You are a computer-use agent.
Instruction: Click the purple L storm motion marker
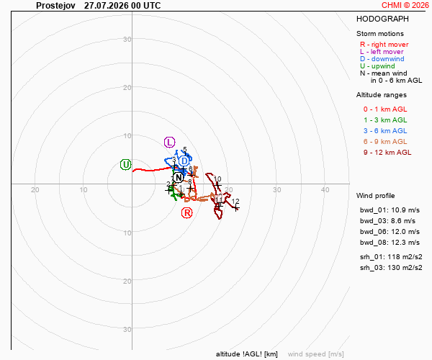[169, 143]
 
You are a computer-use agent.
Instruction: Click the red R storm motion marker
[186, 213]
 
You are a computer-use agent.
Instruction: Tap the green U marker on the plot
[125, 165]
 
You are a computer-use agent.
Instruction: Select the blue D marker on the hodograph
[184, 161]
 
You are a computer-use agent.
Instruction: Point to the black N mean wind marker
[179, 178]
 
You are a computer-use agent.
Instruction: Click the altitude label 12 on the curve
[235, 202]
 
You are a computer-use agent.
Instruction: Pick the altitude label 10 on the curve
[217, 179]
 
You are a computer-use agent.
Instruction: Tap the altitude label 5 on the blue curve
[185, 149]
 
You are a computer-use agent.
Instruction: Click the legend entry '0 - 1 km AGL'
[385, 109]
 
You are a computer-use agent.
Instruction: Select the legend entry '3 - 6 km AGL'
[385, 131]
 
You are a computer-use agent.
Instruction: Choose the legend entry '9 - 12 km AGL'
[387, 153]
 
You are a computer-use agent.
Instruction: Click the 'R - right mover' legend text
[384, 45]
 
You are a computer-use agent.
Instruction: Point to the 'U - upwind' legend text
[377, 66]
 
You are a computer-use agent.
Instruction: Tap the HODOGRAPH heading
[382, 19]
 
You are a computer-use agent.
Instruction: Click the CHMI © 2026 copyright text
[405, 5]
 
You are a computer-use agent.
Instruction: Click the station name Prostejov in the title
[55, 6]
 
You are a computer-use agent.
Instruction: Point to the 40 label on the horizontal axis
[325, 190]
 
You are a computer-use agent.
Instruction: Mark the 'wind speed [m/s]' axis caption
[316, 354]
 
